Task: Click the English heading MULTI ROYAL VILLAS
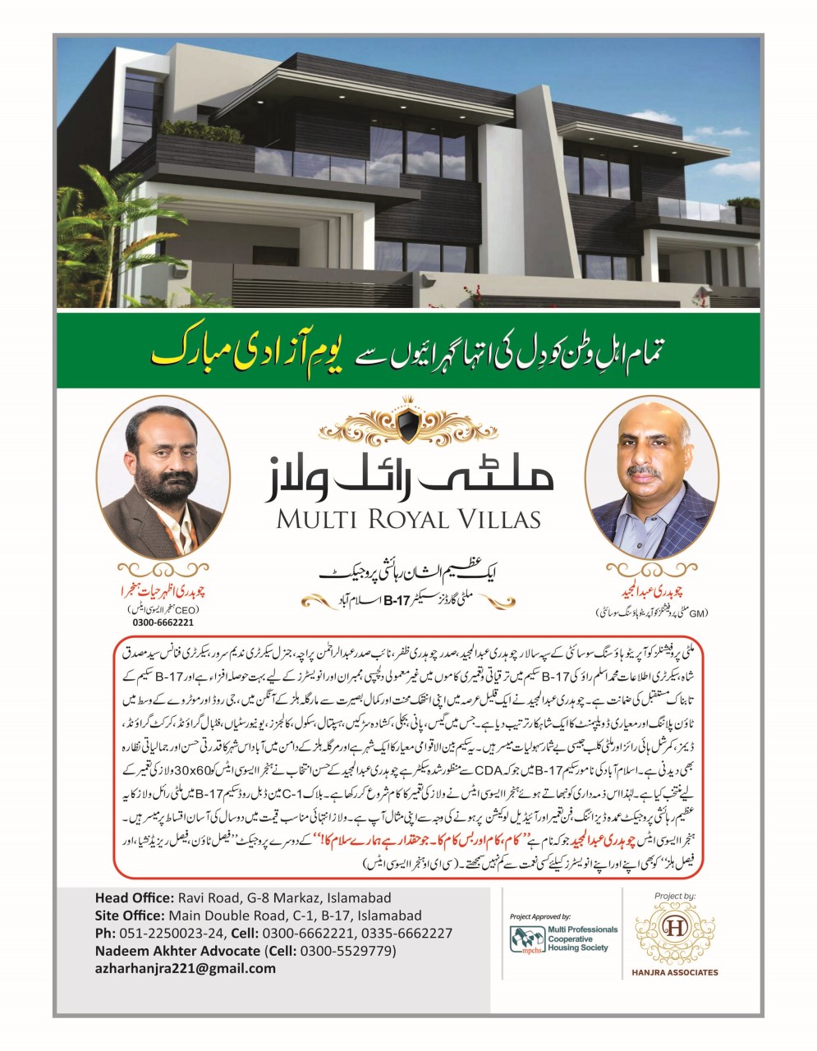[x=408, y=519]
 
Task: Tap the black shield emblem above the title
[x=408, y=425]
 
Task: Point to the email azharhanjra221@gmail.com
[x=186, y=968]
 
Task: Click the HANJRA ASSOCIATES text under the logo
[x=676, y=972]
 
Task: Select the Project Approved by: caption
[x=539, y=915]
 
